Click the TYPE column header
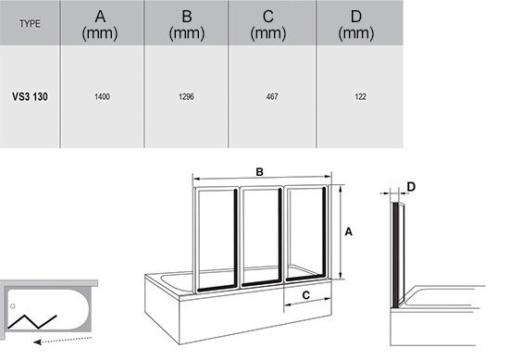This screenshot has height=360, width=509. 30,24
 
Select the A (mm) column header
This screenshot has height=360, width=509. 100,25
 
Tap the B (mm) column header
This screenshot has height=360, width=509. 187,25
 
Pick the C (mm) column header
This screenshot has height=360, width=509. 268,25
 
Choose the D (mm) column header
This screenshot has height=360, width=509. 356,25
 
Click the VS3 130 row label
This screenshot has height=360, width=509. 30,96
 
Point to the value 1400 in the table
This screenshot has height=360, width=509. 102,96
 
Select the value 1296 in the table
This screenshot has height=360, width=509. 186,96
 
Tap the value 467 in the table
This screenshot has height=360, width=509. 272,96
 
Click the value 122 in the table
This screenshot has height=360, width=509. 360,96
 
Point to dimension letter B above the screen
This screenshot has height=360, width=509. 259,172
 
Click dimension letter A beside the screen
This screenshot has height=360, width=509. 348,231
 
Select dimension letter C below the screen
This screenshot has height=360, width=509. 305,295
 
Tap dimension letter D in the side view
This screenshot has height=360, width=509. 411,187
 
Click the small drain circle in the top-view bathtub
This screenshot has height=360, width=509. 13,306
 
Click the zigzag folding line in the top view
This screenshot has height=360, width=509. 32,322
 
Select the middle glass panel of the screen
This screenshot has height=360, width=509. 261,237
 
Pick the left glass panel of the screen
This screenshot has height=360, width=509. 216,240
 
